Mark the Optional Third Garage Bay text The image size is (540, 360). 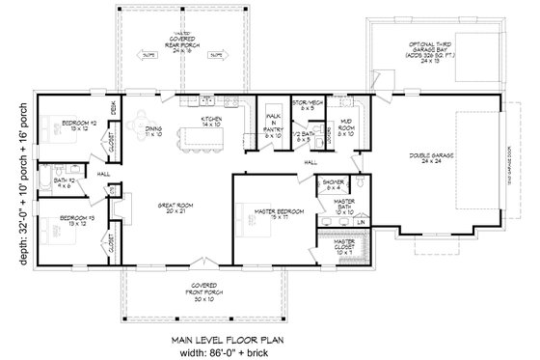[x=430, y=51]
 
